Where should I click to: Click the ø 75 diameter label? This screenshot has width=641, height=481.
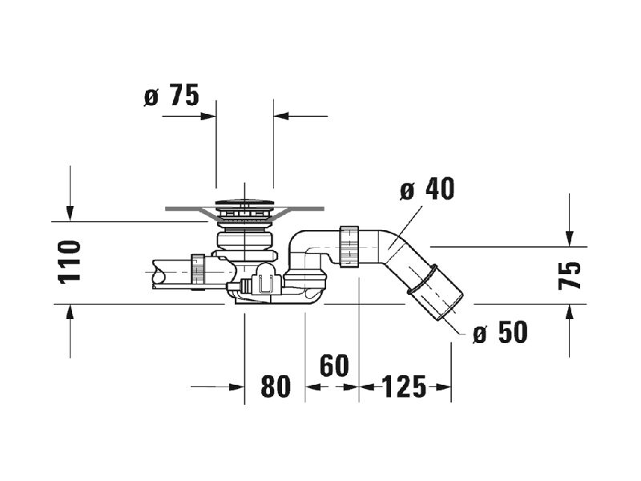tap(171, 95)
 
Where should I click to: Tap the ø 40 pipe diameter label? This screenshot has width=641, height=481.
tap(427, 189)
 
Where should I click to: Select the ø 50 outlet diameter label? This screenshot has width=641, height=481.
tap(500, 332)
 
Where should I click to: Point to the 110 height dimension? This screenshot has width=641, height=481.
tap(70, 262)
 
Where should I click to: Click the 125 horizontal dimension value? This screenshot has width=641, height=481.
tap(404, 386)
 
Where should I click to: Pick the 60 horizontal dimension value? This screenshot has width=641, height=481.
tap(334, 366)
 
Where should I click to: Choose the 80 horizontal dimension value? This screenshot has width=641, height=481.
tap(276, 386)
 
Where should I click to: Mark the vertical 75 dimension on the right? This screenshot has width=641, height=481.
tap(570, 276)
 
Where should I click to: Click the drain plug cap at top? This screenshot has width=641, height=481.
tap(244, 202)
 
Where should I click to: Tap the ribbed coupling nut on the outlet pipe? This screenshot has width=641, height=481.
tap(349, 246)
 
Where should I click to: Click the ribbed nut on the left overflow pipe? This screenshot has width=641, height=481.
tap(198, 269)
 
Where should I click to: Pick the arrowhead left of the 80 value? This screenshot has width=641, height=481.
tap(236, 387)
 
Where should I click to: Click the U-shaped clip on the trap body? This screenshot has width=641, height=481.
tap(265, 284)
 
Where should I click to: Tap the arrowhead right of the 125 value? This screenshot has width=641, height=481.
tap(443, 387)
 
